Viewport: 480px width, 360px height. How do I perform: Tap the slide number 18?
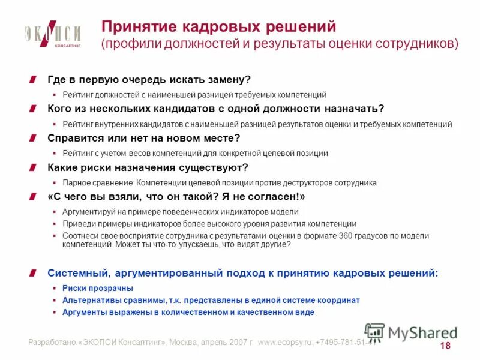(445, 346)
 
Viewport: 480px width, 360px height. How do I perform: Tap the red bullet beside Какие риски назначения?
(40, 167)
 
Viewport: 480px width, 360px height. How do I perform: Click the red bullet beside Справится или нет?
(40, 138)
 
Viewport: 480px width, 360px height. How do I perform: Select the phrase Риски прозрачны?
(89, 289)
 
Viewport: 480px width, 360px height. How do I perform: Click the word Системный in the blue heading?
(75, 273)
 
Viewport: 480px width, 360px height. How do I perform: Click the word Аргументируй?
(89, 212)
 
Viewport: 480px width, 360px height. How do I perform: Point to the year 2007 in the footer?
(239, 343)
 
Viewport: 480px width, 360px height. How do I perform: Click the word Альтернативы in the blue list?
(92, 301)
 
